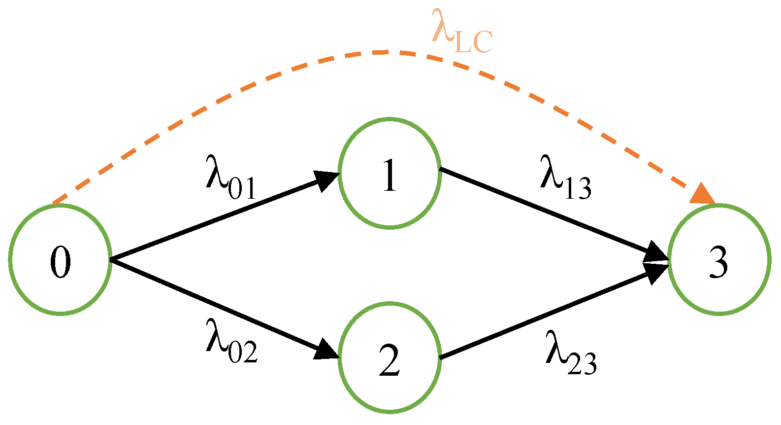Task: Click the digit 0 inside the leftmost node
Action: point(60,262)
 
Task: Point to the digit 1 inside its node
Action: point(390,176)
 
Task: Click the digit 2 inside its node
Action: point(390,361)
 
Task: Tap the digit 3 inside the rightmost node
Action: point(718,262)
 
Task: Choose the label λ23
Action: point(570,353)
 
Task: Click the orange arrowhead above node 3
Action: point(703,194)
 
